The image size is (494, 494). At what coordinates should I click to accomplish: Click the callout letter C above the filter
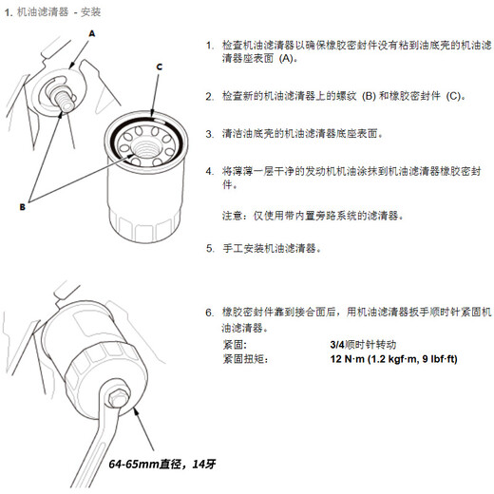pos(160,67)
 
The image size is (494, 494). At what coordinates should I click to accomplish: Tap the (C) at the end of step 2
pos(453,96)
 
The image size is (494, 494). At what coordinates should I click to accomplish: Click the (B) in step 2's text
pos(367,96)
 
